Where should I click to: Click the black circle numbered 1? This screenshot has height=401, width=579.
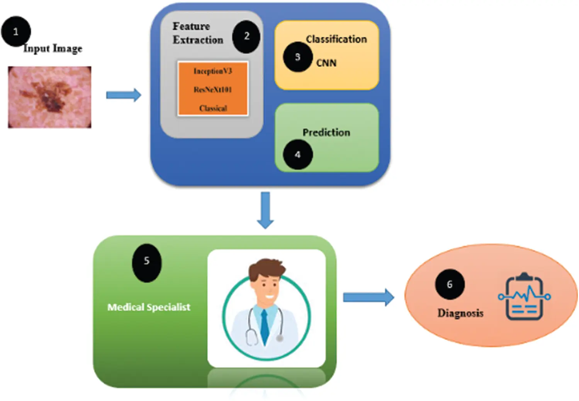[x=16, y=31]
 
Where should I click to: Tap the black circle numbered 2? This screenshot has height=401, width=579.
[x=246, y=37]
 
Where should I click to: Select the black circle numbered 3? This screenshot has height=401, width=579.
[x=297, y=57]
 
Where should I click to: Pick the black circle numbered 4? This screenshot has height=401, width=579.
[x=297, y=155]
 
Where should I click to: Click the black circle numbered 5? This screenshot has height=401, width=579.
[x=147, y=262]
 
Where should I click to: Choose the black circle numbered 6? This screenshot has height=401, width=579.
[x=450, y=285]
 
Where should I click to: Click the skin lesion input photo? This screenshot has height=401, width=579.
[x=50, y=97]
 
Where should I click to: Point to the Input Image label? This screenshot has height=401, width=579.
[x=53, y=49]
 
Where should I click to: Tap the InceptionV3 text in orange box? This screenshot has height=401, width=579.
[x=213, y=71]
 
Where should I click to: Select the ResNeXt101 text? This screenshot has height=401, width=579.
[x=213, y=90]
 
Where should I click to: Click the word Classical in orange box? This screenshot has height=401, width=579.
[x=213, y=108]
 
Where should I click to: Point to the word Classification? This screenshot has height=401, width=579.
[x=336, y=39]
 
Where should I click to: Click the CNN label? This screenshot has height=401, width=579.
[x=326, y=63]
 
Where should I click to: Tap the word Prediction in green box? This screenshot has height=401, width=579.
[x=326, y=132]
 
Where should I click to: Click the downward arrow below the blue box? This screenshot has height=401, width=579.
[x=265, y=210]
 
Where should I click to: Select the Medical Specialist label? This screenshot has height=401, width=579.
[x=149, y=307]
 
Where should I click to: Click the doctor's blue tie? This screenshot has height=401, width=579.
[x=265, y=326]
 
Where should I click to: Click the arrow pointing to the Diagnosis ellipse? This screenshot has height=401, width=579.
[x=368, y=297]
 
